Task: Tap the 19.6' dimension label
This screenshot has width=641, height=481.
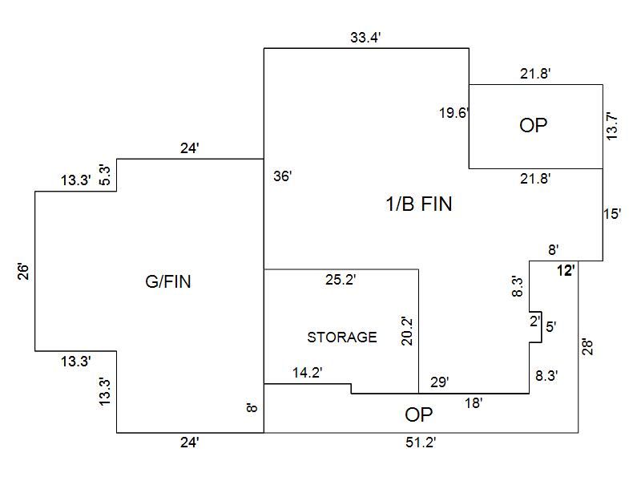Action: (x=454, y=113)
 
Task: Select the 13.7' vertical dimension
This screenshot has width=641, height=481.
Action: (x=613, y=127)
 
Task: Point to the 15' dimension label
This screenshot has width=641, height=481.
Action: (x=612, y=214)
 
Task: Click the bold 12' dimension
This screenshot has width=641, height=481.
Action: (x=566, y=271)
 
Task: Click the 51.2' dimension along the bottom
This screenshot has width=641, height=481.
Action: (x=421, y=442)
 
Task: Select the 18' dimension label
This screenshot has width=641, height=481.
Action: (x=474, y=404)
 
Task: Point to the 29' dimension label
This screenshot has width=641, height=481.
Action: (x=440, y=382)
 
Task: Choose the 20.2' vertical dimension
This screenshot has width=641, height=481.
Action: (x=407, y=330)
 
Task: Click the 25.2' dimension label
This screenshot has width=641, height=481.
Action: (x=341, y=280)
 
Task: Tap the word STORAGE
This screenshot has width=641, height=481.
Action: (x=342, y=338)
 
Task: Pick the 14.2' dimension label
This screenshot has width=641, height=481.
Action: (x=308, y=372)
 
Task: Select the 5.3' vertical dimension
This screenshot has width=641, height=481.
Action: (x=103, y=174)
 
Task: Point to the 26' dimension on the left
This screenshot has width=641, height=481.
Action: (x=23, y=271)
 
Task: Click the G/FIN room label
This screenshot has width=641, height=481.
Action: (x=168, y=281)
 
